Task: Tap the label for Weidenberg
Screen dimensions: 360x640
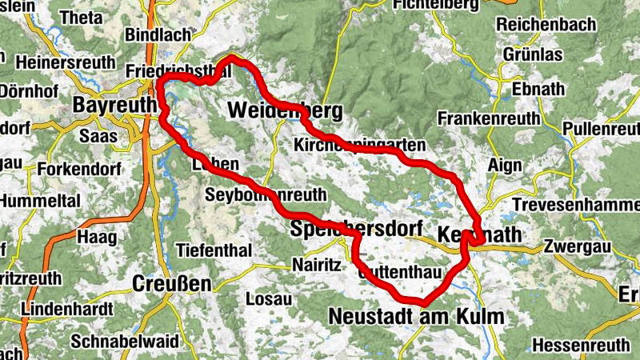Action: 285,110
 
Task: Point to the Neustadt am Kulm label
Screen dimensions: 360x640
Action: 417,318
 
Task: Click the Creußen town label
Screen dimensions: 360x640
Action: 171,284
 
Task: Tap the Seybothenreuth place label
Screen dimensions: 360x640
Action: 266,194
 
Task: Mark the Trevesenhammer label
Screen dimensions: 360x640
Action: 575,206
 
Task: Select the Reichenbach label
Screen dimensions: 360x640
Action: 546,25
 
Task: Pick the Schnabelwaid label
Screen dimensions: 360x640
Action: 125,341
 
